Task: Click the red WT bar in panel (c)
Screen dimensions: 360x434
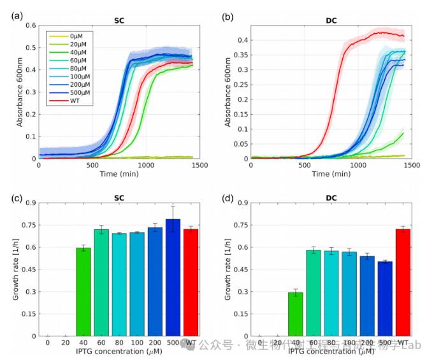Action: pos(191,282)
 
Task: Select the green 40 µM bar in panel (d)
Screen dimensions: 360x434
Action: pos(295,314)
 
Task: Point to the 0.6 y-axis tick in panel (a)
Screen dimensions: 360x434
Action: pos(29,25)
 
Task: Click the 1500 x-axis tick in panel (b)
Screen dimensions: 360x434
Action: pos(410,165)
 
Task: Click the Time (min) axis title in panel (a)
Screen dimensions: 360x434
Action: pos(119,174)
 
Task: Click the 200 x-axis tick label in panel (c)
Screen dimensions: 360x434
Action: pos(155,343)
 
